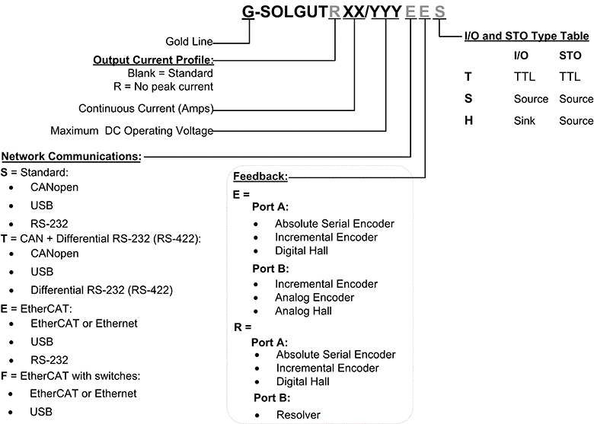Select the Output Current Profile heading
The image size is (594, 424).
click(153, 59)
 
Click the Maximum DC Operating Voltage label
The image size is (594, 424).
click(132, 130)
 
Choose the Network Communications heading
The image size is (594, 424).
click(72, 156)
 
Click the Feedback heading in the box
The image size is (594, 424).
click(260, 177)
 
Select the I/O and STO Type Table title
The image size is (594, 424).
click(526, 36)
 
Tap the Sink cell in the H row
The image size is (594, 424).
click(525, 120)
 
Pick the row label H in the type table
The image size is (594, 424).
click(469, 120)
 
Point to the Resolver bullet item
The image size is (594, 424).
click(299, 415)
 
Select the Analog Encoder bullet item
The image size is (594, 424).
click(315, 297)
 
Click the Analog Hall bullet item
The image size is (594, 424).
click(303, 311)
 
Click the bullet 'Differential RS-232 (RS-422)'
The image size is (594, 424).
click(101, 290)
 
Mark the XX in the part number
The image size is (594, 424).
click(353, 12)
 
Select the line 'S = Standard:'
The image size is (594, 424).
click(34, 172)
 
